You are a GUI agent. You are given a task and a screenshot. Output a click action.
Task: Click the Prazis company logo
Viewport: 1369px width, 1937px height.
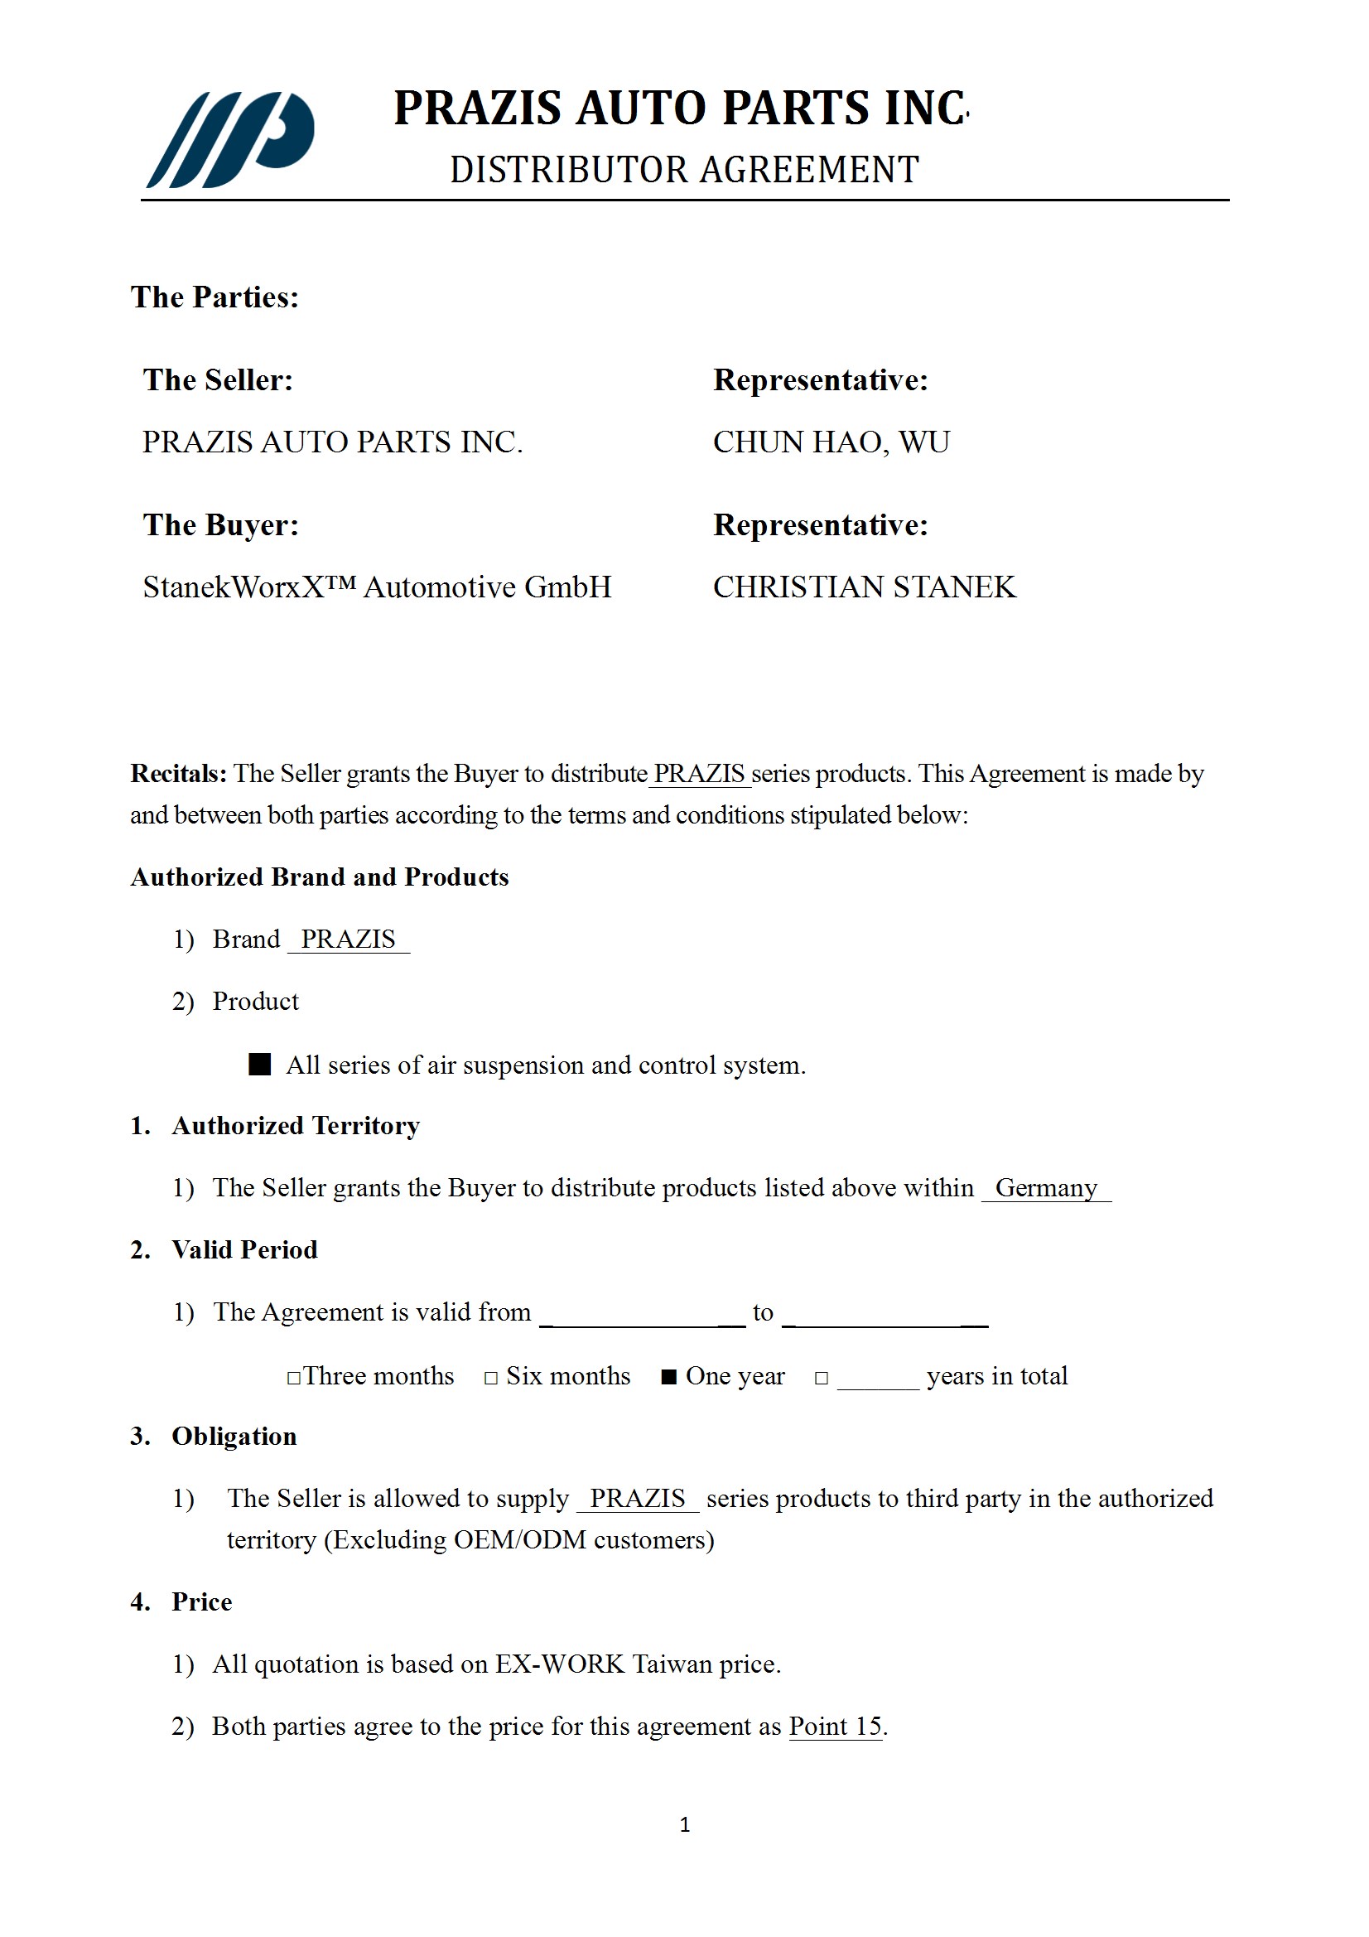click(x=230, y=139)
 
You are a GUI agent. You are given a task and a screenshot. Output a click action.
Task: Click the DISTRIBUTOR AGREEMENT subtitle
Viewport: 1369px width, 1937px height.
click(x=684, y=170)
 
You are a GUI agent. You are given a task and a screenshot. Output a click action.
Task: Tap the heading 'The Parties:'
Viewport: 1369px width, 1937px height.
click(x=215, y=297)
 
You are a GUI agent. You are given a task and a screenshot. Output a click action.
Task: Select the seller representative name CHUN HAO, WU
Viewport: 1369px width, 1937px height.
click(x=831, y=442)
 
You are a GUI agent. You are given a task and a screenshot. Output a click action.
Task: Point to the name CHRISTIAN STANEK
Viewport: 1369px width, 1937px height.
click(x=864, y=587)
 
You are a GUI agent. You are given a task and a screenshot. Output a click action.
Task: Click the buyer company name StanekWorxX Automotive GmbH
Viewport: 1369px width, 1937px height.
click(x=376, y=587)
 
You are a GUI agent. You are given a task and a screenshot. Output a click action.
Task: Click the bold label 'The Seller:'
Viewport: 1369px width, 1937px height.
click(x=218, y=379)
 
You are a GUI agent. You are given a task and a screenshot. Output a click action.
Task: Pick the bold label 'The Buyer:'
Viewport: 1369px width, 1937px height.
click(x=220, y=524)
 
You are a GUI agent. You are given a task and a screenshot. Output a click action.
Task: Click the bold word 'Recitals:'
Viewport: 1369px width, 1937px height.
click(x=178, y=774)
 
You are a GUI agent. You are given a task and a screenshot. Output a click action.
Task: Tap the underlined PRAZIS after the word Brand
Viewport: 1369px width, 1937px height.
click(x=349, y=939)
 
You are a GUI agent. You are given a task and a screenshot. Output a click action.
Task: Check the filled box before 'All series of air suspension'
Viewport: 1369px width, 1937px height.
click(x=260, y=1065)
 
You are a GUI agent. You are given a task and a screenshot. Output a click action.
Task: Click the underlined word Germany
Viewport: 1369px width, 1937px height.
click(x=1046, y=1188)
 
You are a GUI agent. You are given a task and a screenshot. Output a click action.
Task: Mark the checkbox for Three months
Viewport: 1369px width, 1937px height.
click(x=293, y=1378)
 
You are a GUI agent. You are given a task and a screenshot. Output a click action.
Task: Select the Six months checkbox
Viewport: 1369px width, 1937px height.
click(x=491, y=1378)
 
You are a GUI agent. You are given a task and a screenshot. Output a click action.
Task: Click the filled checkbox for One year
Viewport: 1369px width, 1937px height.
click(x=669, y=1378)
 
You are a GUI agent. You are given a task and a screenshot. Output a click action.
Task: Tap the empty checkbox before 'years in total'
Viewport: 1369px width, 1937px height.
click(x=821, y=1378)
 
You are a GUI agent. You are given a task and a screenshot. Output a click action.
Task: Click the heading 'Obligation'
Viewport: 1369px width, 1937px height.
click(x=234, y=1437)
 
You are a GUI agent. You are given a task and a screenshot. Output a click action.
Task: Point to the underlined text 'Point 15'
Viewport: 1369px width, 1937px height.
click(x=835, y=1727)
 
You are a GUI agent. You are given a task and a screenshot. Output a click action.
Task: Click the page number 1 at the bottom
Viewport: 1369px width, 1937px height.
click(x=685, y=1825)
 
